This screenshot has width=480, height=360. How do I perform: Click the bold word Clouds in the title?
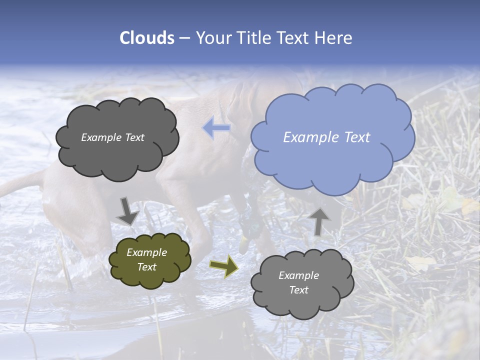(x=147, y=38)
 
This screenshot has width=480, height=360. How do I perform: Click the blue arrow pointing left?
(x=216, y=128)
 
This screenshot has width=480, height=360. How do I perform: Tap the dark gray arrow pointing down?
(x=127, y=211)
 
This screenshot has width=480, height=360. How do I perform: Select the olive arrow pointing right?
(x=224, y=266)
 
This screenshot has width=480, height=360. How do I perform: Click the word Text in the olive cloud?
(x=147, y=267)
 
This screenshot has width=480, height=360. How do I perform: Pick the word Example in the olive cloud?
(x=147, y=252)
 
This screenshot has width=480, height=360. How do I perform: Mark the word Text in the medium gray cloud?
(x=299, y=290)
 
